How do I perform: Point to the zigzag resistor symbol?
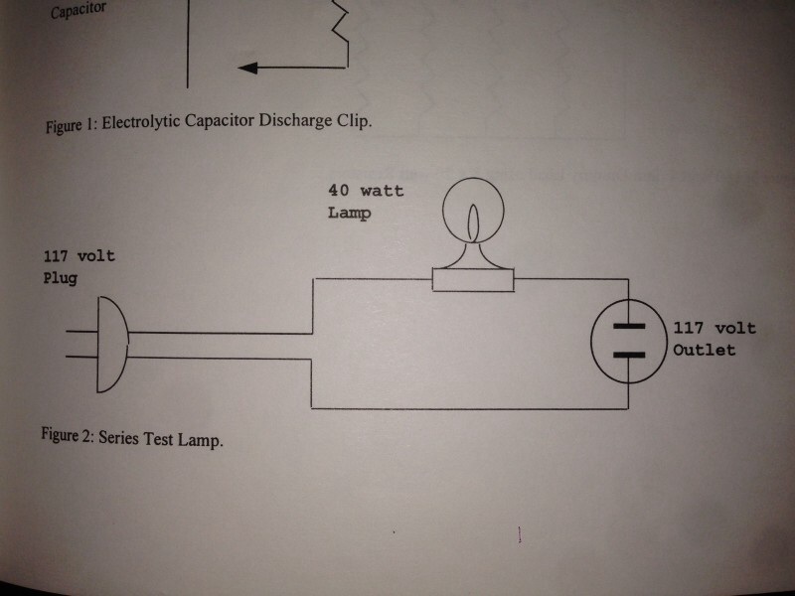(x=340, y=25)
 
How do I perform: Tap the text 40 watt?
(x=366, y=191)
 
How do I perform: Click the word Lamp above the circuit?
(x=348, y=213)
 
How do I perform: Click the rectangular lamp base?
(x=473, y=280)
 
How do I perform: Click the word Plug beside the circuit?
(x=60, y=278)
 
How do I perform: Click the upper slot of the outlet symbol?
(x=627, y=326)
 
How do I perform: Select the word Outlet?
(x=705, y=350)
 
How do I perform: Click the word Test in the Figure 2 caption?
(x=165, y=438)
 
